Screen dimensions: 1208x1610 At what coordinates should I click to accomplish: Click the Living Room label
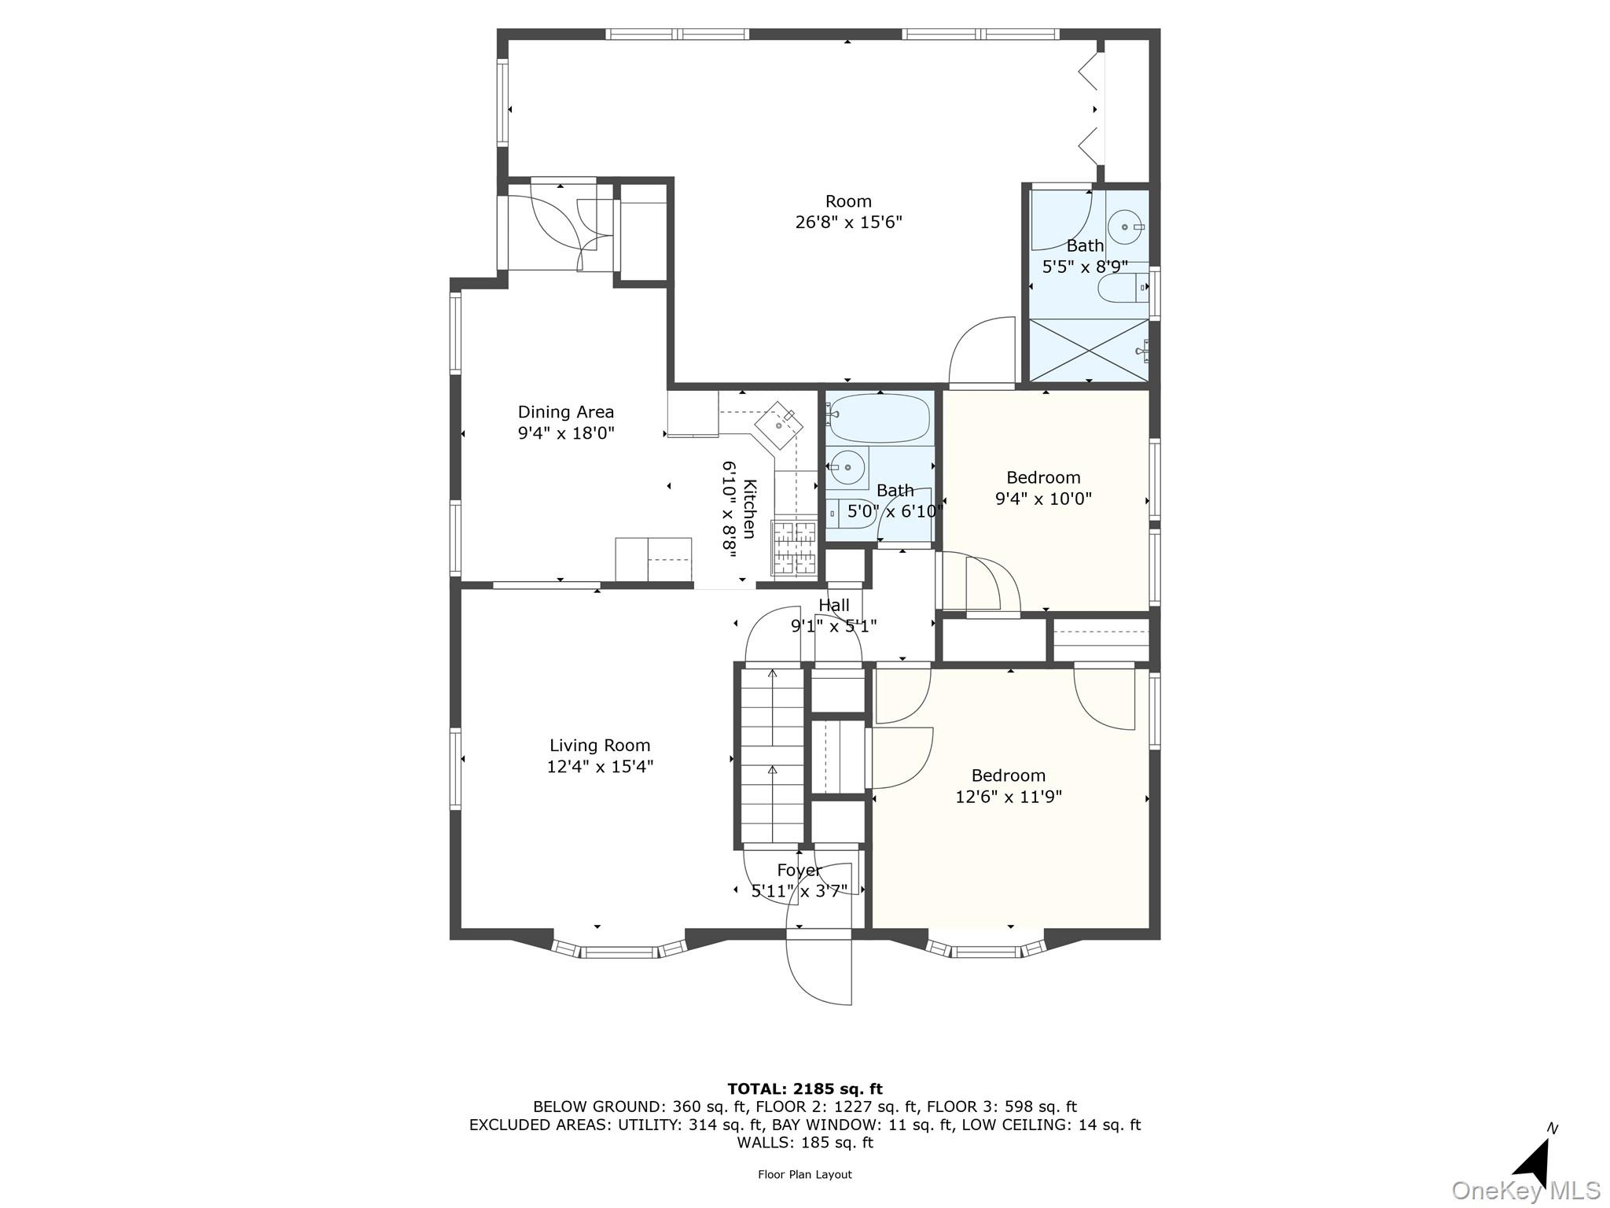coord(600,745)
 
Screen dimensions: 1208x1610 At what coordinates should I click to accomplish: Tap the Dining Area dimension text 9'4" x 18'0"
coord(565,433)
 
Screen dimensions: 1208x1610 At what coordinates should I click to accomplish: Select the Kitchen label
coord(749,509)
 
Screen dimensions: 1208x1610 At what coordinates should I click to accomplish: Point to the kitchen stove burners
coord(795,548)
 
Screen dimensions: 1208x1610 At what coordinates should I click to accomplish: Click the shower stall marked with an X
coord(1089,350)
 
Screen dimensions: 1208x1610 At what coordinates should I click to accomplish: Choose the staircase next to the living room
coord(772,755)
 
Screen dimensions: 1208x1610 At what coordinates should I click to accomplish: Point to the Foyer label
coord(799,870)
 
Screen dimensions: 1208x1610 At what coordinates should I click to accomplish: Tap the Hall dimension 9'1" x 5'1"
coord(833,626)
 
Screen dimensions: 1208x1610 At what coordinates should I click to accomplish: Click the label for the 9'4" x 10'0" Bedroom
coord(1043,477)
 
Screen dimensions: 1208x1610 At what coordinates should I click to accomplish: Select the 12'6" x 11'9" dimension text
coord(1008,797)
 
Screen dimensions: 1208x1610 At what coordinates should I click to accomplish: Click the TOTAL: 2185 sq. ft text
coord(804,1089)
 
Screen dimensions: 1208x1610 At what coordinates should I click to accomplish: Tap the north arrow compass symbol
coord(1533,1162)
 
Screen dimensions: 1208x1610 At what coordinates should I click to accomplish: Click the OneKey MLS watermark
coord(1525,1191)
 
